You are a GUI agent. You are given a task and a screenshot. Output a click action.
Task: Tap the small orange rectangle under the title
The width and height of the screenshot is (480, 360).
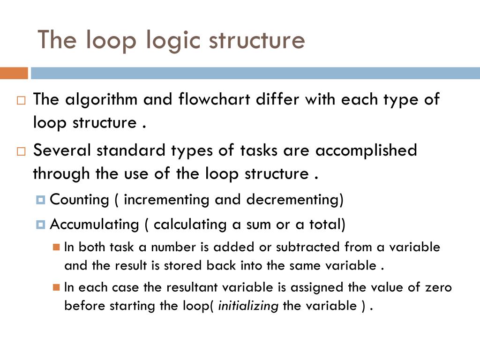14,73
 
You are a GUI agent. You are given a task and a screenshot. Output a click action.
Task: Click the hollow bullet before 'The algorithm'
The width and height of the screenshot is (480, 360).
22,100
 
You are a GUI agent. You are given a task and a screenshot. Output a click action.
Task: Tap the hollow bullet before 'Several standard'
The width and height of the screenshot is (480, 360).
22,151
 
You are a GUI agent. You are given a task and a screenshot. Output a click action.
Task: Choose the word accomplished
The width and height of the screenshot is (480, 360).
366,151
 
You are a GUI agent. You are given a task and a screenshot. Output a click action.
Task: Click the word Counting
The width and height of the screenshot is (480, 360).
79,200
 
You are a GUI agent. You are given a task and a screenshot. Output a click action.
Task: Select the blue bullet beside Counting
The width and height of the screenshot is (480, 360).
40,200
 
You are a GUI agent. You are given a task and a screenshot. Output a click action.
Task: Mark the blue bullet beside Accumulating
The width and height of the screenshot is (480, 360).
40,225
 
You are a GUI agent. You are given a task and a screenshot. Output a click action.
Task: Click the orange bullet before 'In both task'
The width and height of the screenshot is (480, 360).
57,247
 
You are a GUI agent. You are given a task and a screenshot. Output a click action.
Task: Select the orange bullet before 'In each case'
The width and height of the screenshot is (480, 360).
57,287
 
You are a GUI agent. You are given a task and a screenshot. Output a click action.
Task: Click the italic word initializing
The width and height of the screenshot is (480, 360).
248,307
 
